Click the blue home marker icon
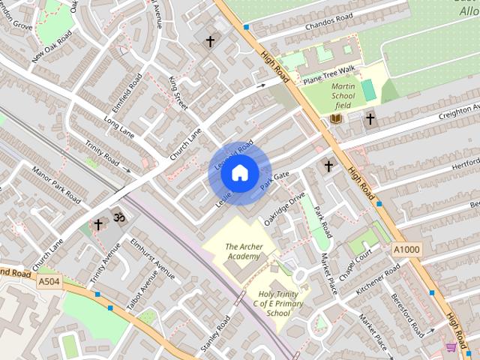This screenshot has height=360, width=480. point(239,173)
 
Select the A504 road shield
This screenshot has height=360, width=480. point(48,281)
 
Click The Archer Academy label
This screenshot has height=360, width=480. point(243,251)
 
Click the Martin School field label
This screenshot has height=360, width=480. point(343,96)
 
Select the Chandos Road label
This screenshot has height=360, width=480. point(328,23)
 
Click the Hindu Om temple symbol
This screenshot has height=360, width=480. point(117,217)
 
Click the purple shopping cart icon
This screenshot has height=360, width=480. point(450,346)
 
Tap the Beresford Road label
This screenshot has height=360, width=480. point(408,314)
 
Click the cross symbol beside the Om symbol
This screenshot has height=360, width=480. point(98,224)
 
